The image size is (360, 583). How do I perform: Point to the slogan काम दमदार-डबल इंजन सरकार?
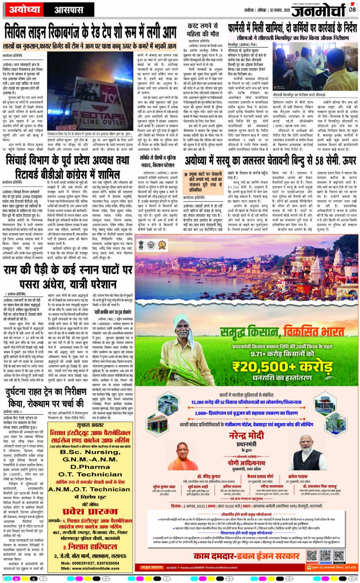click(x=236, y=556)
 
